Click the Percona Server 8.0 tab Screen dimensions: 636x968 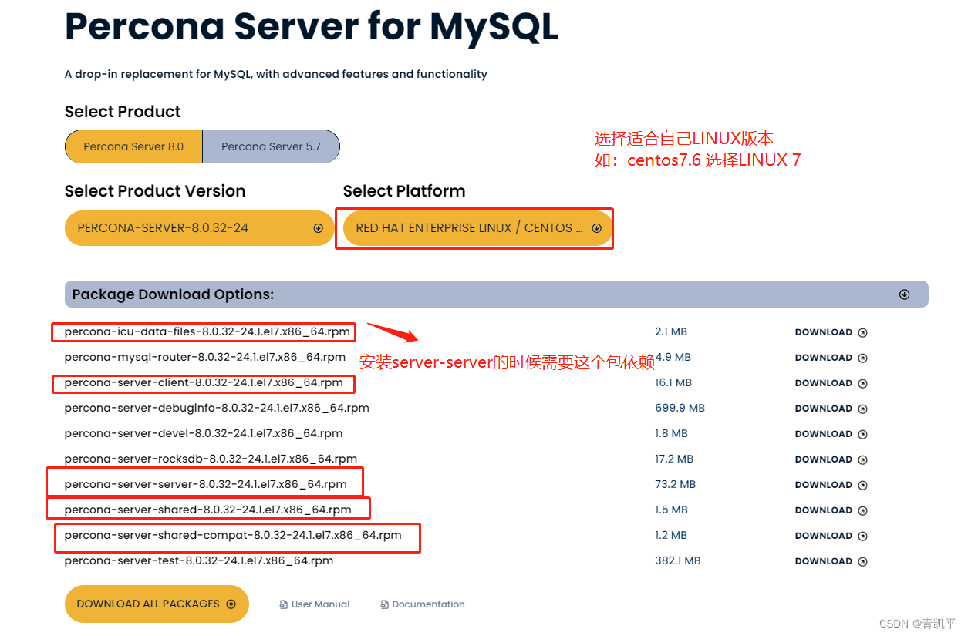(x=133, y=146)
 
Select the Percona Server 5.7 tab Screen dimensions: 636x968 (x=271, y=146)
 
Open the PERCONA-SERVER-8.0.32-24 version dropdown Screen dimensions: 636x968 (x=199, y=228)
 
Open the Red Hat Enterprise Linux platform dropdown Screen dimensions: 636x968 (x=477, y=228)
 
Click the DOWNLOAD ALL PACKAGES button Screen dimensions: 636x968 (x=157, y=604)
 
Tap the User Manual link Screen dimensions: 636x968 (x=315, y=604)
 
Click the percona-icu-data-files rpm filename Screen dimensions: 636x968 (x=207, y=332)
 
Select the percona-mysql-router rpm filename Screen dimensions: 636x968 (x=204, y=358)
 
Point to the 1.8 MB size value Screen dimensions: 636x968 (x=673, y=433)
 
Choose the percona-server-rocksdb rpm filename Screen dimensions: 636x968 (x=211, y=459)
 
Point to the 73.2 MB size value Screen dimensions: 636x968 (x=675, y=484)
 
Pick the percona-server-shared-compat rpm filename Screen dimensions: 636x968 (x=233, y=535)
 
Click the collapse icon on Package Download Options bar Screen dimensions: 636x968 (x=904, y=294)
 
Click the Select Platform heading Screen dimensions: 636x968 (x=404, y=191)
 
